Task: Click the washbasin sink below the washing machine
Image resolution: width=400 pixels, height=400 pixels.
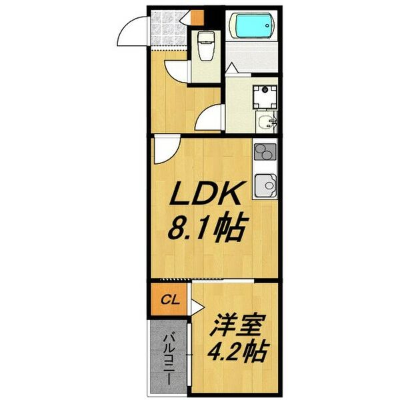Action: tap(267, 122)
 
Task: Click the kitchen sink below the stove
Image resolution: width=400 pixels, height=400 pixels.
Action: tap(266, 183)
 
